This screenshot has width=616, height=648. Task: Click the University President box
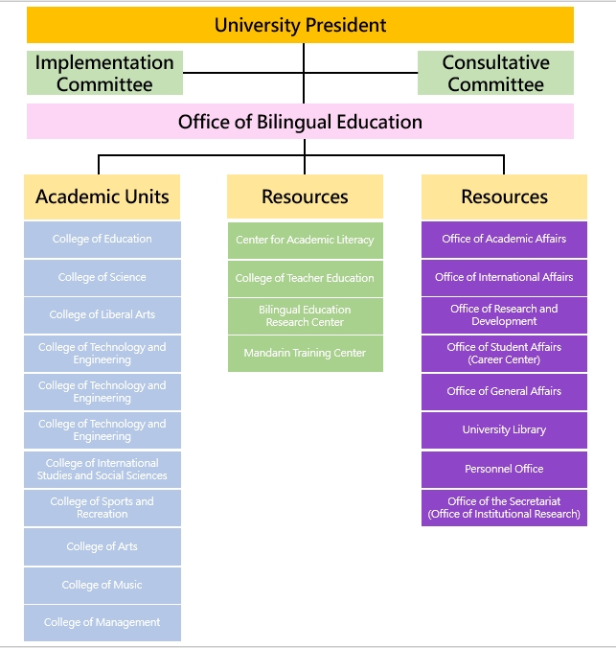tap(301, 25)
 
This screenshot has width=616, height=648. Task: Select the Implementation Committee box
tap(104, 73)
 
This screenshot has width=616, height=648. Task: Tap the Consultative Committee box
tap(496, 73)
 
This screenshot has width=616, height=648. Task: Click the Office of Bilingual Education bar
tap(301, 122)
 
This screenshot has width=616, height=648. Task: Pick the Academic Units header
tap(103, 197)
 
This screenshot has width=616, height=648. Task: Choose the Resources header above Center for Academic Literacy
tap(305, 197)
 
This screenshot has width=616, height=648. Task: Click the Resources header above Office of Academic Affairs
tap(504, 197)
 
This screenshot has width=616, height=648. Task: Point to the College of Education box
tap(103, 240)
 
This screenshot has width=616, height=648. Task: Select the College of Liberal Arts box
tap(103, 315)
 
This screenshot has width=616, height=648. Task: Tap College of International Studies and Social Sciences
tap(103, 470)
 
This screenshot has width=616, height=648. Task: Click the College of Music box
tap(103, 585)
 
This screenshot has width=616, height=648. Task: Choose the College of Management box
tap(103, 623)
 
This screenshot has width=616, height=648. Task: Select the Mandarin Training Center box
tap(306, 354)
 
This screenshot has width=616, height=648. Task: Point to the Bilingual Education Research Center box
tap(306, 316)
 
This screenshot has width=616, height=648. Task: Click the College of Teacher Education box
tap(306, 279)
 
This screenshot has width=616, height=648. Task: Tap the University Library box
tap(504, 430)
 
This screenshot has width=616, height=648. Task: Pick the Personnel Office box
tap(504, 470)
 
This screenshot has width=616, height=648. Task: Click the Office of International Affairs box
tap(504, 278)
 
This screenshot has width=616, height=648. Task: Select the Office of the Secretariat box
tap(504, 508)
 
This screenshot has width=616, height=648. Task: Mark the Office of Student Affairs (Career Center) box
tap(504, 354)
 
